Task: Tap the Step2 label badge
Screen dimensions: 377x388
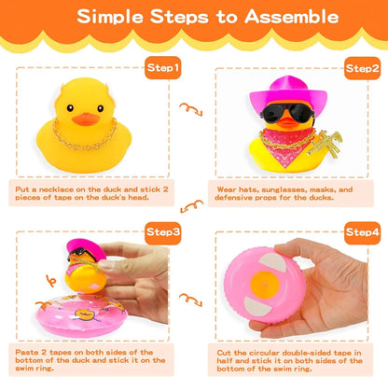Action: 359,68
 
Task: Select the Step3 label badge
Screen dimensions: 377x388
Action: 163,230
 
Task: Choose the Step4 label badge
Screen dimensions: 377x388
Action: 359,230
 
